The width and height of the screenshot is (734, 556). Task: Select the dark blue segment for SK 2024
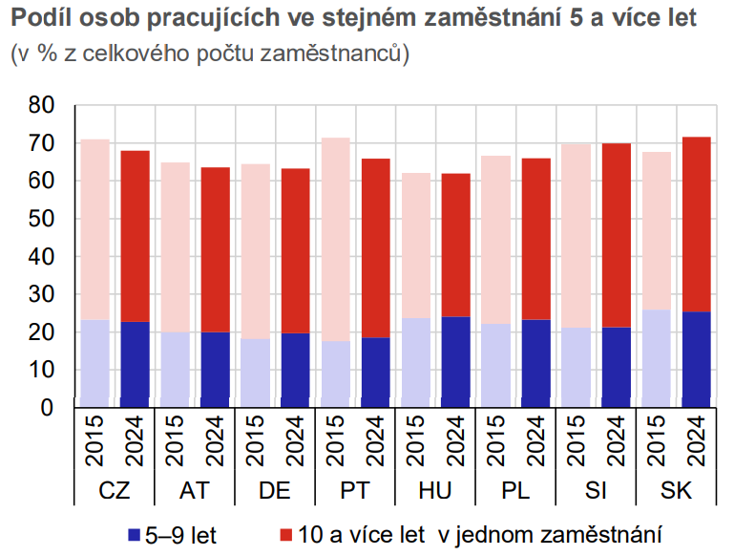click(697, 359)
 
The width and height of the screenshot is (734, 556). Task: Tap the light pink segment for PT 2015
click(336, 239)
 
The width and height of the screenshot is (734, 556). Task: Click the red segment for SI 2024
click(617, 235)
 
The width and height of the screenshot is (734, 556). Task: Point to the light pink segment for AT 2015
click(176, 247)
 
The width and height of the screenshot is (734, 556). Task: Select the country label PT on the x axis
click(355, 491)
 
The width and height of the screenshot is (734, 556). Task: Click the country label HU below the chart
click(434, 491)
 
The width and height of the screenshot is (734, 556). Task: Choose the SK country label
click(676, 491)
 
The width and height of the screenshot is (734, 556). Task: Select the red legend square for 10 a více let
click(283, 533)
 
